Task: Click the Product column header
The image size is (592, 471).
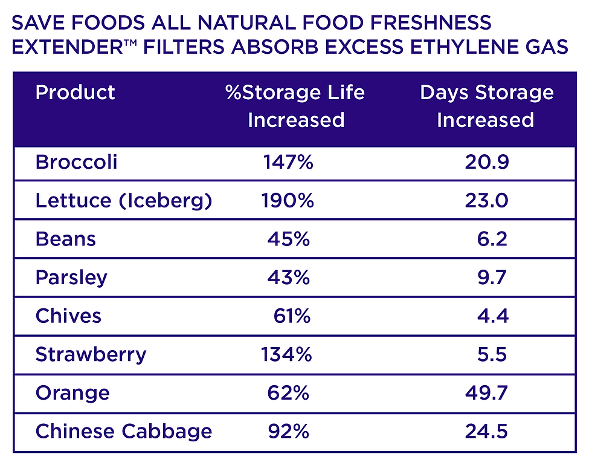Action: coord(75,93)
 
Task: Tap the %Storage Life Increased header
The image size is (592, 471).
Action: coord(295,106)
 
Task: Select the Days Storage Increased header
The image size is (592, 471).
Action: coord(486,106)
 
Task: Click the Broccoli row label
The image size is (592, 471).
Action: coord(76,162)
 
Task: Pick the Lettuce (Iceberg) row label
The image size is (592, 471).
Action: coord(124,201)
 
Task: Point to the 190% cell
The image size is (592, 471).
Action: coord(288,201)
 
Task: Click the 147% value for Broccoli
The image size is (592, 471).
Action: coord(288,162)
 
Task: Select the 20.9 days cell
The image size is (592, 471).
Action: coord(486,162)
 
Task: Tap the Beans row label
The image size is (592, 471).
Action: coord(65,239)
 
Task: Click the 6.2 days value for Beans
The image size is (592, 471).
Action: coord(492,239)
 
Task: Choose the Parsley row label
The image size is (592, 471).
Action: coord(71,278)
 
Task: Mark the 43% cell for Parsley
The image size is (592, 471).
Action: coord(289,278)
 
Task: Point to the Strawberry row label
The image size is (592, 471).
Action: coord(91,354)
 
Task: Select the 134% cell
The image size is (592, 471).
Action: coord(286,354)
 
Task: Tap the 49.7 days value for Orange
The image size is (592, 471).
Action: coord(486,393)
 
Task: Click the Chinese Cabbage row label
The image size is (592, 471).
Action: coord(124,432)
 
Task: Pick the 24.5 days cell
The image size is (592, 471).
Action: coord(486,432)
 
